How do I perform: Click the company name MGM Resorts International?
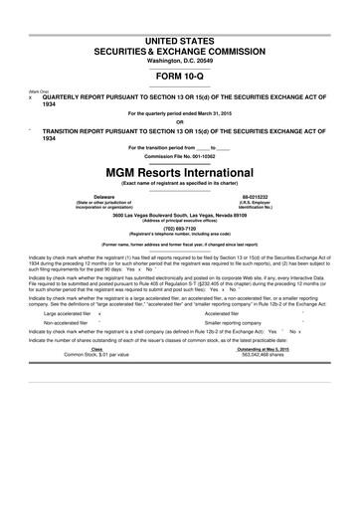click(x=180, y=171)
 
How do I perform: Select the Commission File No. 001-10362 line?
click(x=180, y=156)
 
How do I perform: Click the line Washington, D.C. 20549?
click(x=180, y=60)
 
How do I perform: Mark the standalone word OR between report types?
click(x=180, y=123)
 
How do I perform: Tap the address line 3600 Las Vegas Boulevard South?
click(x=180, y=214)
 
